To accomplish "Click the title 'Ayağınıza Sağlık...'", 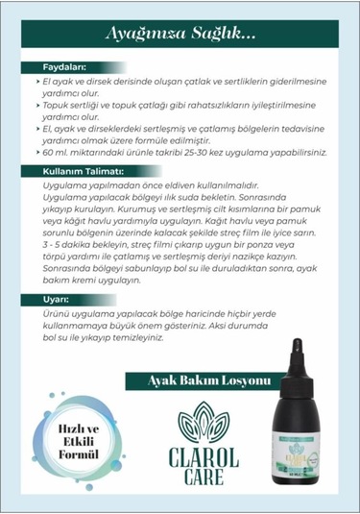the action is [x=180, y=35].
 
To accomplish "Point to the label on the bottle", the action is [x=299, y=446].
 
